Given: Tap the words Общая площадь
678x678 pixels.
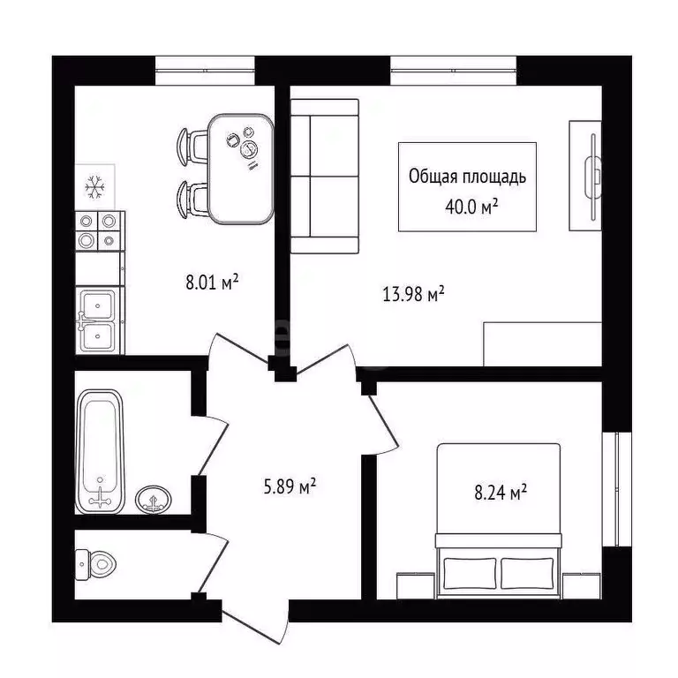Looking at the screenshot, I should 467,177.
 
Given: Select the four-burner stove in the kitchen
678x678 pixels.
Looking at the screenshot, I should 97,230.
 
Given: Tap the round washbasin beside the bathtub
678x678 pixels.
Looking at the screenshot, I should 154,500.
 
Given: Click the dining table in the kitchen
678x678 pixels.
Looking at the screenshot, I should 239,168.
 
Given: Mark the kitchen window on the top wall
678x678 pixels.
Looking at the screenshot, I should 205,70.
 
